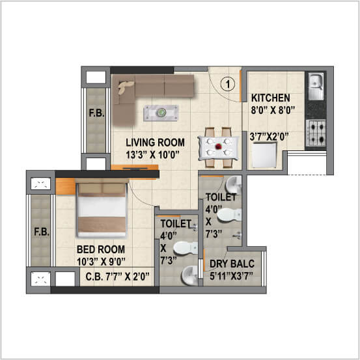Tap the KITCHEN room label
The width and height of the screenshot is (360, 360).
pyautogui.click(x=271, y=98)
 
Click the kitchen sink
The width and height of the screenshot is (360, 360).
pyautogui.click(x=316, y=83)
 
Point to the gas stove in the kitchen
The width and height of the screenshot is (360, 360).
pyautogui.click(x=317, y=132)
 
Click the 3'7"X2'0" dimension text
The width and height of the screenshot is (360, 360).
pyautogui.click(x=270, y=137)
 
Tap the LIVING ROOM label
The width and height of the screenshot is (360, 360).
pyautogui.click(x=155, y=142)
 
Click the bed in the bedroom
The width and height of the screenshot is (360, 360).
pyautogui.click(x=102, y=208)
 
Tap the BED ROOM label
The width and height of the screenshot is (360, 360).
pyautogui.click(x=101, y=249)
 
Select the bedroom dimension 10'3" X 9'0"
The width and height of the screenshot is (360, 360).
pyautogui.click(x=101, y=262)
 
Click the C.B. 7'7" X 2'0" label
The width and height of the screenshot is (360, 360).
pyautogui.click(x=118, y=277)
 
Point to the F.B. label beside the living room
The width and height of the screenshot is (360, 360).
pyautogui.click(x=95, y=118)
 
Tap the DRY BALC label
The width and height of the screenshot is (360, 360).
pyautogui.click(x=232, y=264)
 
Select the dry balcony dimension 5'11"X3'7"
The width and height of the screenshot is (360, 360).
pyautogui.click(x=232, y=277)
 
